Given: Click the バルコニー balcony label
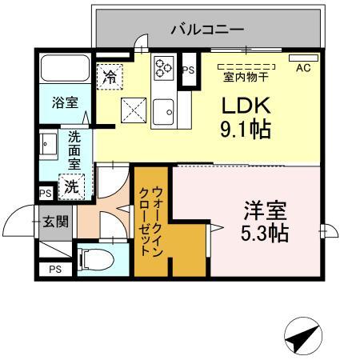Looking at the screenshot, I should click(x=207, y=30).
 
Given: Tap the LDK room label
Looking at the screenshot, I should click(x=245, y=106).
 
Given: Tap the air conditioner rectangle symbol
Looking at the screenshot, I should click(x=303, y=58).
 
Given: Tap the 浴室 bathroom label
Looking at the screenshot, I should click(x=66, y=102).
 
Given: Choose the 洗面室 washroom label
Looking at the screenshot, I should click(x=74, y=149).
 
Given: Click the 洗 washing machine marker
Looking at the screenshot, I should click(x=72, y=188).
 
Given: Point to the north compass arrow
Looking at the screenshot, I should click(x=303, y=336).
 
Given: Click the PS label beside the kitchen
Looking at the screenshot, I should click(x=189, y=70).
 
